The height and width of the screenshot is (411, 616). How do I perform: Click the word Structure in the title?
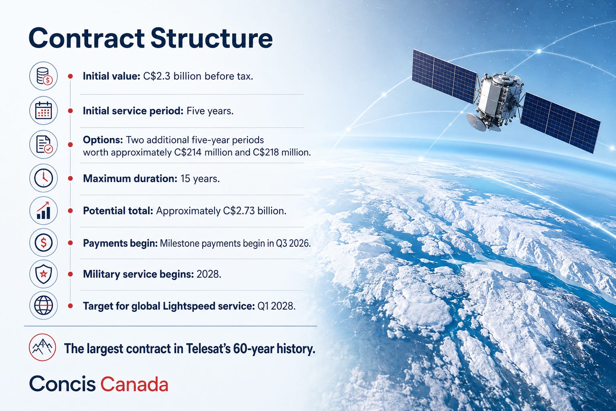[x=212, y=38]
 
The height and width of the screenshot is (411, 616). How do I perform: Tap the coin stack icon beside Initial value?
[x=44, y=76]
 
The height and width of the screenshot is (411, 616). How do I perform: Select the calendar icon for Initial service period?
[x=44, y=111]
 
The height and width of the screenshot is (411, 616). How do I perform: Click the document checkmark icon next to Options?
[x=44, y=144]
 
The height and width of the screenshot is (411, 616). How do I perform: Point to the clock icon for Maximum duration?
[x=44, y=178]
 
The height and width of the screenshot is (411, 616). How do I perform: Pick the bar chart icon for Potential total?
[x=44, y=211]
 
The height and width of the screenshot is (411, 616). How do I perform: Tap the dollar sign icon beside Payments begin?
[x=44, y=242]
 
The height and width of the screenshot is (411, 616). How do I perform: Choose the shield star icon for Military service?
[x=44, y=274]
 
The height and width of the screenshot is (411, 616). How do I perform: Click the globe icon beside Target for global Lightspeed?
[x=44, y=305]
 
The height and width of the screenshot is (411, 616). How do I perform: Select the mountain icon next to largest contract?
[x=43, y=348]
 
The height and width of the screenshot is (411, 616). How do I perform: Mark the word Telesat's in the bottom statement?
[x=208, y=349]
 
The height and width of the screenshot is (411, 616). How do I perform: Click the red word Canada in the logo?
[x=134, y=384]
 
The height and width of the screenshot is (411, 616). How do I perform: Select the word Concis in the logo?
[x=63, y=383]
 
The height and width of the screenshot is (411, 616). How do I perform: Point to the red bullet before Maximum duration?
[x=71, y=178]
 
